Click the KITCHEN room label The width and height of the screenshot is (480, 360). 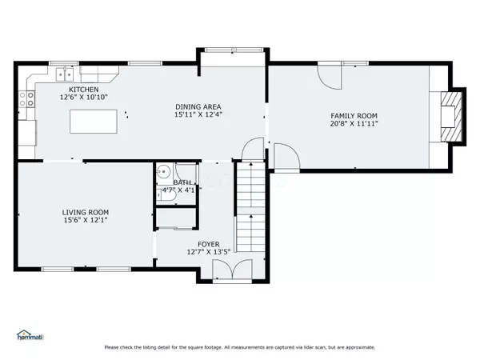point(83,89)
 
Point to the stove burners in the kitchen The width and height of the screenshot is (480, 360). point(27,99)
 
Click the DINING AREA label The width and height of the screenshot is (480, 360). point(198,106)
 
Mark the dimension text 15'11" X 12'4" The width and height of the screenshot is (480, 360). point(198,115)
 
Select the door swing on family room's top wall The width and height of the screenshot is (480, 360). point(329,77)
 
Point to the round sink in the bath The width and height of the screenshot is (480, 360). point(162,170)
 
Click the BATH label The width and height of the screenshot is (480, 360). point(182,182)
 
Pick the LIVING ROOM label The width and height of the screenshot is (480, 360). point(85,212)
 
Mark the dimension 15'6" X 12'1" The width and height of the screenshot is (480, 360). point(85,221)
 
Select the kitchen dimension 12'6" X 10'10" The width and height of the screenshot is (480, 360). point(83,98)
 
